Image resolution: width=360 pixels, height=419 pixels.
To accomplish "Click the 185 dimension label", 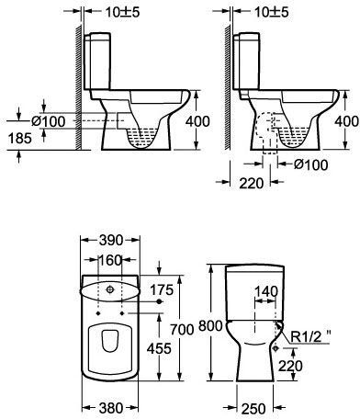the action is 20,138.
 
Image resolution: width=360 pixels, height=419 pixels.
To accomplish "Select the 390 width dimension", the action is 110,240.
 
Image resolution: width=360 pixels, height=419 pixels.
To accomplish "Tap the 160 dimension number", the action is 109,260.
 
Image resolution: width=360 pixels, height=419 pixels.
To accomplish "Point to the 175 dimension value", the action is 162,289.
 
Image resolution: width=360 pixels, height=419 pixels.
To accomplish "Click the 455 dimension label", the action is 159,348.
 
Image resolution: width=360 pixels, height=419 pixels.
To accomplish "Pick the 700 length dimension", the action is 182,330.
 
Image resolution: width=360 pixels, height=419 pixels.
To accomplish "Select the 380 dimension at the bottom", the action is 111,408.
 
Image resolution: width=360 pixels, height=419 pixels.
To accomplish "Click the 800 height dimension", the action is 210,325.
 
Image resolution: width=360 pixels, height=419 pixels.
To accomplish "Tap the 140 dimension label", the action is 266,291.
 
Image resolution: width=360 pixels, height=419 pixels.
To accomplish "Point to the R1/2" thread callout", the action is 310,337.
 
